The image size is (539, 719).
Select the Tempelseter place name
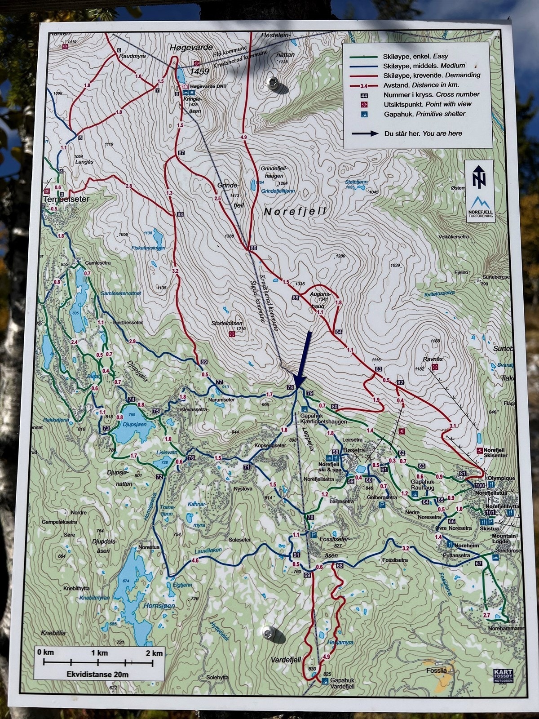pos(66,199)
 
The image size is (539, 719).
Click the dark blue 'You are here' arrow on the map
pos(303,359)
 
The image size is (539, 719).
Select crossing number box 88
pos(180,215)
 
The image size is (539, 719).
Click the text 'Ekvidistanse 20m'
pos(97,675)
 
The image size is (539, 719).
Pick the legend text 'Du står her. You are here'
pos(423,133)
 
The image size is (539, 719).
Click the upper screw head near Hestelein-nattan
pos(273,83)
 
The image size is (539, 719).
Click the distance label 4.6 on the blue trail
pos(195,560)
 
